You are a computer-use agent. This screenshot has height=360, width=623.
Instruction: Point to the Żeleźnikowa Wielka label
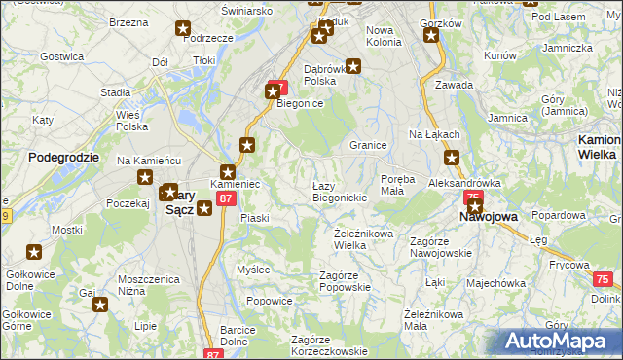click(363, 239)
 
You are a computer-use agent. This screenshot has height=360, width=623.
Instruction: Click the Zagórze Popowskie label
click(346, 282)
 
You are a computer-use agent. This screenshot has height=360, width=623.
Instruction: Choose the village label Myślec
click(253, 269)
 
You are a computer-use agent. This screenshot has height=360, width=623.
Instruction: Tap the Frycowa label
click(568, 265)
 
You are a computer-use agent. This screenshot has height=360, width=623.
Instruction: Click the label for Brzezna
click(128, 21)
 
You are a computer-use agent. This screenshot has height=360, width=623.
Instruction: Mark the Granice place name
click(369, 145)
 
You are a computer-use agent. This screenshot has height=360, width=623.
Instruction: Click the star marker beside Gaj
click(100, 306)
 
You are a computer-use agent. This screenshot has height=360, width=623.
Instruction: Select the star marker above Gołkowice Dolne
click(34, 253)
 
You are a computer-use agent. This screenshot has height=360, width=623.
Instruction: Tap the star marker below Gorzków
click(431, 36)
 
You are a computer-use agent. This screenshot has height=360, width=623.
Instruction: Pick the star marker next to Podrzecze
click(184, 28)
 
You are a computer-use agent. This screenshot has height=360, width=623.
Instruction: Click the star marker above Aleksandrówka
click(452, 158)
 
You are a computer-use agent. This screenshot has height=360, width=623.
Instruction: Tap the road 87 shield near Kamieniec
click(226, 198)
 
